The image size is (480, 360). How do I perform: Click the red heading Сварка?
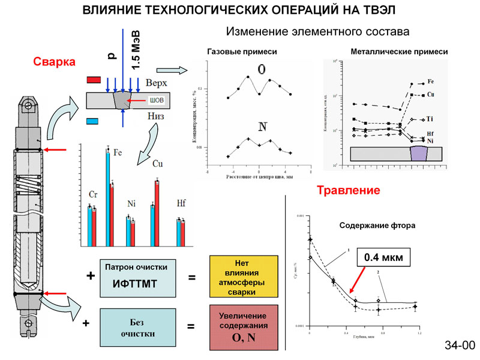[54, 62]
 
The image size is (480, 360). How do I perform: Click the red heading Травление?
[348, 191]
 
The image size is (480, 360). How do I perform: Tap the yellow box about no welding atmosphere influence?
[243, 276]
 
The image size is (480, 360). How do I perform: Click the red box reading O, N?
[243, 326]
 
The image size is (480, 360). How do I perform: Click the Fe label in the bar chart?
[118, 153]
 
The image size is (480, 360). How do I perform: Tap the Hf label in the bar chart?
[181, 202]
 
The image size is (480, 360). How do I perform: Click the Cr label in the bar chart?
[93, 194]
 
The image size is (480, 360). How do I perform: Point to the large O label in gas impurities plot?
[262, 70]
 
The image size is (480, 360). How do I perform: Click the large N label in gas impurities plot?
[262, 127]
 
